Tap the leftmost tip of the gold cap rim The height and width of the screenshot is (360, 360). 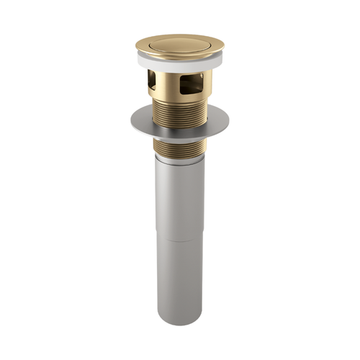[x=135, y=49]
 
